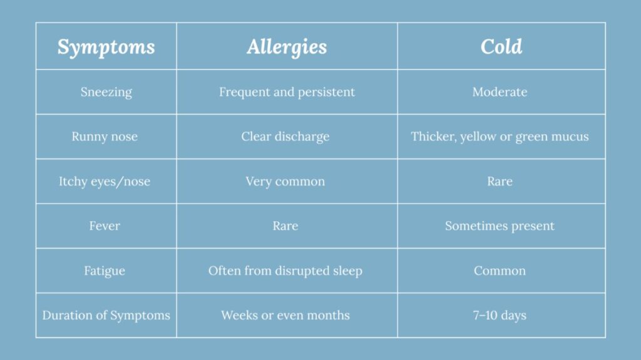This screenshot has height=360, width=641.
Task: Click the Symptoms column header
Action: [x=106, y=47]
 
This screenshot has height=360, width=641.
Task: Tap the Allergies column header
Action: [x=287, y=47]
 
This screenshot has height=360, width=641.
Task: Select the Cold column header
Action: [x=501, y=46]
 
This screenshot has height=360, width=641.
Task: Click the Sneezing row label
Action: [x=106, y=93]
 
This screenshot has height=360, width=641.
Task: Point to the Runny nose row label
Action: [x=105, y=136]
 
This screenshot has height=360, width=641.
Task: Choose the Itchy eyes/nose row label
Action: [x=105, y=181]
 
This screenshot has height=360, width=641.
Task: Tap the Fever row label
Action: [x=105, y=226]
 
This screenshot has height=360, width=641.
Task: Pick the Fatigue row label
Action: [x=105, y=271]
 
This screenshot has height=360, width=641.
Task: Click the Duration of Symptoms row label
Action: [x=106, y=316]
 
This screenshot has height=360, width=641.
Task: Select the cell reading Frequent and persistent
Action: [x=287, y=92]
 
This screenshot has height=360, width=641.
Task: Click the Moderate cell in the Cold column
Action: [x=500, y=92]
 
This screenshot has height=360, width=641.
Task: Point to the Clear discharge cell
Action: [x=285, y=136]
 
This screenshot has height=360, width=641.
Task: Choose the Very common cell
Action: [x=285, y=182]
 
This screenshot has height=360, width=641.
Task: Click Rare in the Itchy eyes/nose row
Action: [x=500, y=181]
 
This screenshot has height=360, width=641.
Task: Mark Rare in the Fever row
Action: [x=285, y=226]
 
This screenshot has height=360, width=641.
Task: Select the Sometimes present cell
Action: [x=500, y=226]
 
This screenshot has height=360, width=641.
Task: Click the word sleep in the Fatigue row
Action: [x=347, y=271]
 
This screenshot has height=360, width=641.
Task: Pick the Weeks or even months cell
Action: [x=285, y=316]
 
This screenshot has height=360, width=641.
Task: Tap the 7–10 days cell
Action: [x=500, y=316]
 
